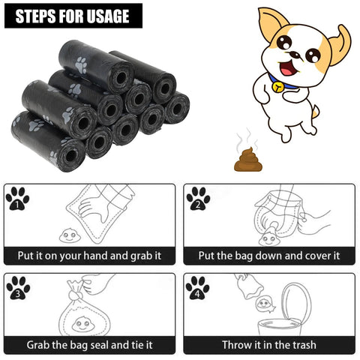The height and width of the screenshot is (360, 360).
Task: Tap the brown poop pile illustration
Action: (245, 158)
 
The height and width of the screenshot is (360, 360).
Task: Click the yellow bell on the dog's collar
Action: (279, 86)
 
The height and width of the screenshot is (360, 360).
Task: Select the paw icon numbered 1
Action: (17, 198)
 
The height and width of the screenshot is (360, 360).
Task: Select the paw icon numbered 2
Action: (198, 198)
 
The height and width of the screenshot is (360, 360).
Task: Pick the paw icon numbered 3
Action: (17, 288)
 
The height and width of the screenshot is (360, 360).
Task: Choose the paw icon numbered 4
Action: (198, 288)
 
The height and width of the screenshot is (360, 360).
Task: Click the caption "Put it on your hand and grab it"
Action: (89, 255)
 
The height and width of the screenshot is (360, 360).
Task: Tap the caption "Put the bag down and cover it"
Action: (268, 255)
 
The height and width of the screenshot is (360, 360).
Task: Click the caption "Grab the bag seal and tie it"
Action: (89, 345)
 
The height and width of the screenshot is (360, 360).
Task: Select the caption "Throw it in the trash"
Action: (268, 345)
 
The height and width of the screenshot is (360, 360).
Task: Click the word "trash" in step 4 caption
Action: (301, 345)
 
